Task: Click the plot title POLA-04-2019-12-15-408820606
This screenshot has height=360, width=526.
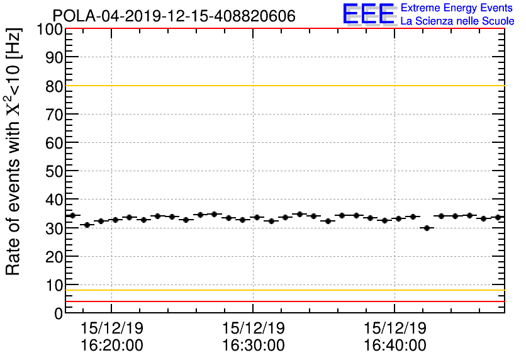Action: [x=174, y=16]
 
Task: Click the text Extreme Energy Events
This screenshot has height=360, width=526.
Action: [x=457, y=8]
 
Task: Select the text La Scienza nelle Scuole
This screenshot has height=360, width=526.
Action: [x=457, y=21]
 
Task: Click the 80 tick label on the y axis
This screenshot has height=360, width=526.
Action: [x=54, y=86]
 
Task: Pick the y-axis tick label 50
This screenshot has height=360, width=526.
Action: [x=54, y=171]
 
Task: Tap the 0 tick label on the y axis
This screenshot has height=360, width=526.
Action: [x=58, y=313]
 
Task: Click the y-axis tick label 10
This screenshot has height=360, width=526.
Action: [x=54, y=285]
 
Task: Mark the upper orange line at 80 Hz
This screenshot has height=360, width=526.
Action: [x=283, y=86]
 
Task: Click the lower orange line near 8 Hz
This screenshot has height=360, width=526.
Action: [x=283, y=290]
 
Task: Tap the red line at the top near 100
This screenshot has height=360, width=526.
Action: [x=283, y=29]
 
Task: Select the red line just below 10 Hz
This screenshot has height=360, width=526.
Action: [x=283, y=301]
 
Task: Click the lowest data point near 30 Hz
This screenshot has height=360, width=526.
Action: [x=427, y=228]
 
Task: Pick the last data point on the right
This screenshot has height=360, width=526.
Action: [x=498, y=217]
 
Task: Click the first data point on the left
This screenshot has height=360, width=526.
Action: [x=72, y=215]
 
